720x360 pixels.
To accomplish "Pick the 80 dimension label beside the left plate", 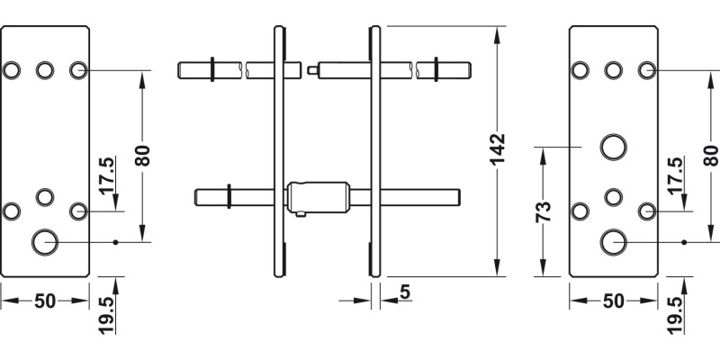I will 142,154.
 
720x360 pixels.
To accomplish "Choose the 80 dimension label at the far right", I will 708,154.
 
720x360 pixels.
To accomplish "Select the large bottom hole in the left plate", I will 44,241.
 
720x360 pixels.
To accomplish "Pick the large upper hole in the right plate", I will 614,146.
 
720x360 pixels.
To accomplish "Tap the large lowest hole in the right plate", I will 614,241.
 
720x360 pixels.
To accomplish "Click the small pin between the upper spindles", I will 310,68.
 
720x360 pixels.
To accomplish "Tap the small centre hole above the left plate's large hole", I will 44,194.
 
